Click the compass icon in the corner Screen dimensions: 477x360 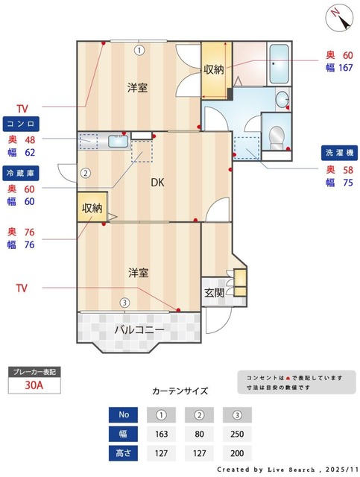[x=340, y=16]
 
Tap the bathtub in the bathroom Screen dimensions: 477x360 [x=279, y=65]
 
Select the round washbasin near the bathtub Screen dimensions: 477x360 [x=282, y=100]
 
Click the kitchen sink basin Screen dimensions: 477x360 [x=118, y=140]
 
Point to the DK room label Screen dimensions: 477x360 [x=158, y=182]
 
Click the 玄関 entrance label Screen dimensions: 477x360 [x=215, y=293]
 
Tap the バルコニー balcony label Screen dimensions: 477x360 [x=139, y=328]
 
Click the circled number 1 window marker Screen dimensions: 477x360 [x=139, y=51]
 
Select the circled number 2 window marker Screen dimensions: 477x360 [x=86, y=174]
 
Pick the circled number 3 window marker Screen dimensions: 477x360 [x=125, y=303]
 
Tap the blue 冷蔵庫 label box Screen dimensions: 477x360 [x=21, y=173]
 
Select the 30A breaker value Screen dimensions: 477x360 [x=34, y=385]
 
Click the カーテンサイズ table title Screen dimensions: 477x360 [x=180, y=391]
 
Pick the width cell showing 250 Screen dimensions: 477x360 [x=237, y=434]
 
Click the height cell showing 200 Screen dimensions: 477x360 [x=237, y=452]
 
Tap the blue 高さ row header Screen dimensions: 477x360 [x=124, y=452]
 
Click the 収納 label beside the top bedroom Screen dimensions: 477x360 [x=214, y=69]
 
